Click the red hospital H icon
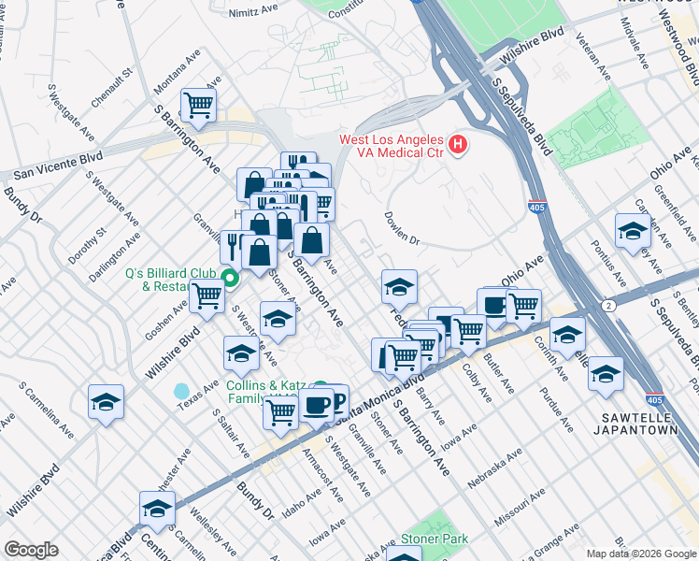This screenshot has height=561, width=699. pos(458,145)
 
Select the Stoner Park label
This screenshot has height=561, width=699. pos(434,539)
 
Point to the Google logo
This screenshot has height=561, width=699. pos(31,550)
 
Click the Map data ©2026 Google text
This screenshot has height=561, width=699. pos(641,554)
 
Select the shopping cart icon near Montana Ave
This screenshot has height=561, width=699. pos(199,105)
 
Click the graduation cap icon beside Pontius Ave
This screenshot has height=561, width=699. pos(633,231)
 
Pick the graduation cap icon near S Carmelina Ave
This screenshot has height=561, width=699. pos(106,402)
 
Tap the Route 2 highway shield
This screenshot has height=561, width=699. pos(609,305)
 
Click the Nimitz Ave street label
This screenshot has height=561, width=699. pos(254,13)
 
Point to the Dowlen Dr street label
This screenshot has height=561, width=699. pos(402,228)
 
